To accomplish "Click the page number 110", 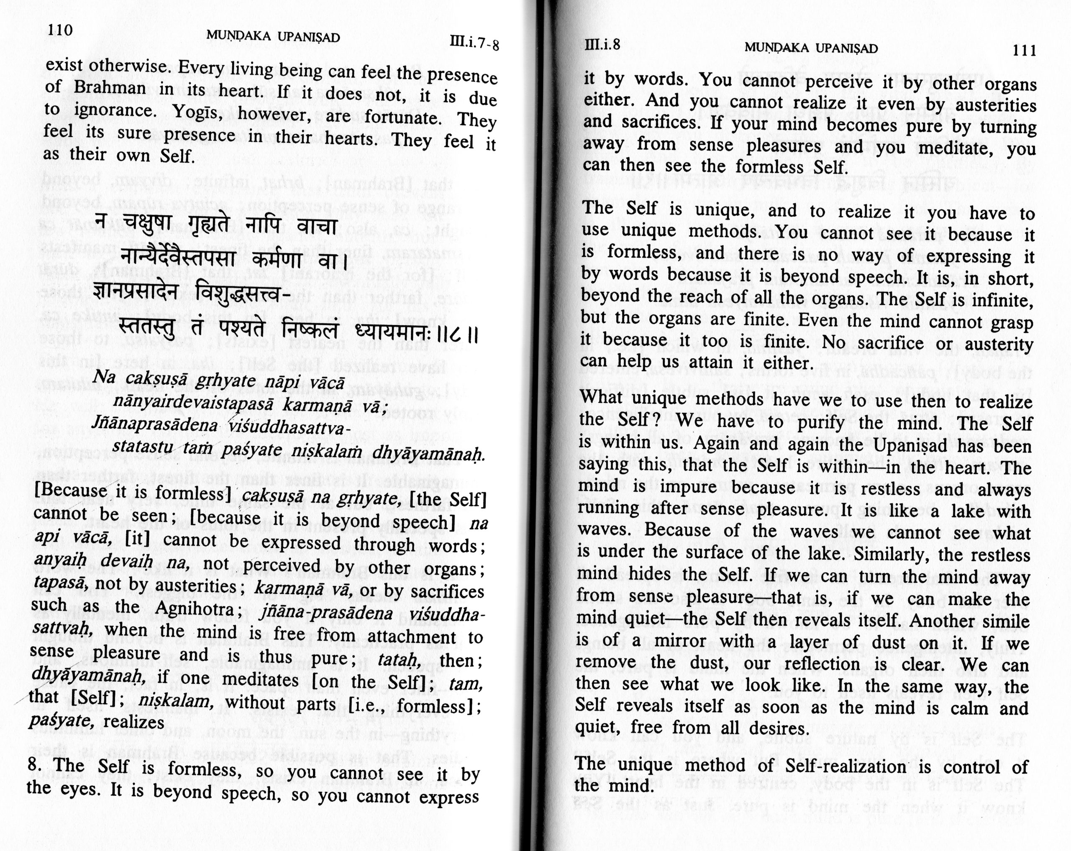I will (60, 30).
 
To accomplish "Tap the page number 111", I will (1024, 50).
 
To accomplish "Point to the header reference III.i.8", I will (602, 45).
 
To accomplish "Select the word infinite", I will (992, 300).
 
